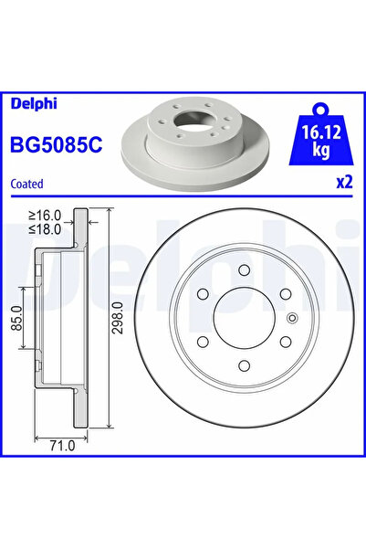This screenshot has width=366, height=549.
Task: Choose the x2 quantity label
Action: (x=344, y=182)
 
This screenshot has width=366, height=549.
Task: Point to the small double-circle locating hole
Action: (x=292, y=319)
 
